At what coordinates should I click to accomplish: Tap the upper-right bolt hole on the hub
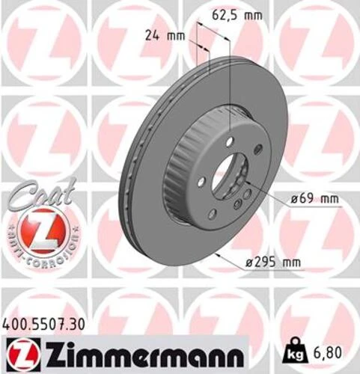pos(257,150)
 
